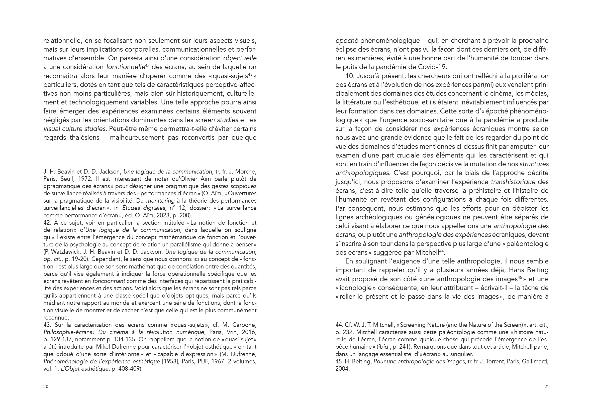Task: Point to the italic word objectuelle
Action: point(240,58)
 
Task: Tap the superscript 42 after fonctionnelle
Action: point(147,65)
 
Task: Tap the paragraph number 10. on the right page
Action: point(350,76)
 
